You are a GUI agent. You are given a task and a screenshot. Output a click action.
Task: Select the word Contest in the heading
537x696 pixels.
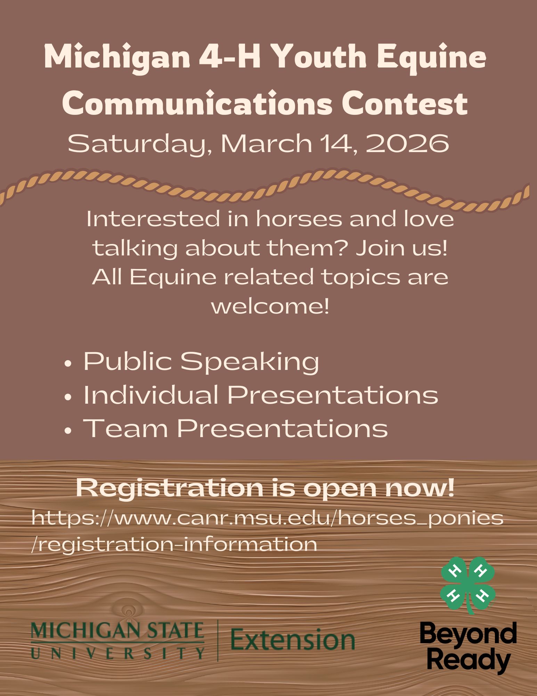(405, 103)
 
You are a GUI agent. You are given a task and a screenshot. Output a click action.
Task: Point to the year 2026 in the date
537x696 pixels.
(408, 143)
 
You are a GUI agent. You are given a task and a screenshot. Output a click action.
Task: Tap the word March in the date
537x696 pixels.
(267, 143)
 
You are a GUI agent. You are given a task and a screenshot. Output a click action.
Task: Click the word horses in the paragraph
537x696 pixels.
(299, 219)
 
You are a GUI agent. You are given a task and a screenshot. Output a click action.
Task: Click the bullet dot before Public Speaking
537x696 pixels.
(68, 364)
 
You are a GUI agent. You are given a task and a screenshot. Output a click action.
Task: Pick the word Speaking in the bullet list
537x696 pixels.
(250, 362)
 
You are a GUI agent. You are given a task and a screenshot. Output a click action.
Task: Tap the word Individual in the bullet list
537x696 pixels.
(151, 395)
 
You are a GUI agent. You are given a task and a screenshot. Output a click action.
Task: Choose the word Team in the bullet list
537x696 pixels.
(125, 428)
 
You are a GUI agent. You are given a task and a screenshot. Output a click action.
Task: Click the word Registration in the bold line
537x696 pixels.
(170, 489)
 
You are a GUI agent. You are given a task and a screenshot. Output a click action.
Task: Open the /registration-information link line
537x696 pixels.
(174, 544)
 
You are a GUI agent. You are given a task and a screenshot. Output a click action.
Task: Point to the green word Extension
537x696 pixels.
(293, 640)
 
